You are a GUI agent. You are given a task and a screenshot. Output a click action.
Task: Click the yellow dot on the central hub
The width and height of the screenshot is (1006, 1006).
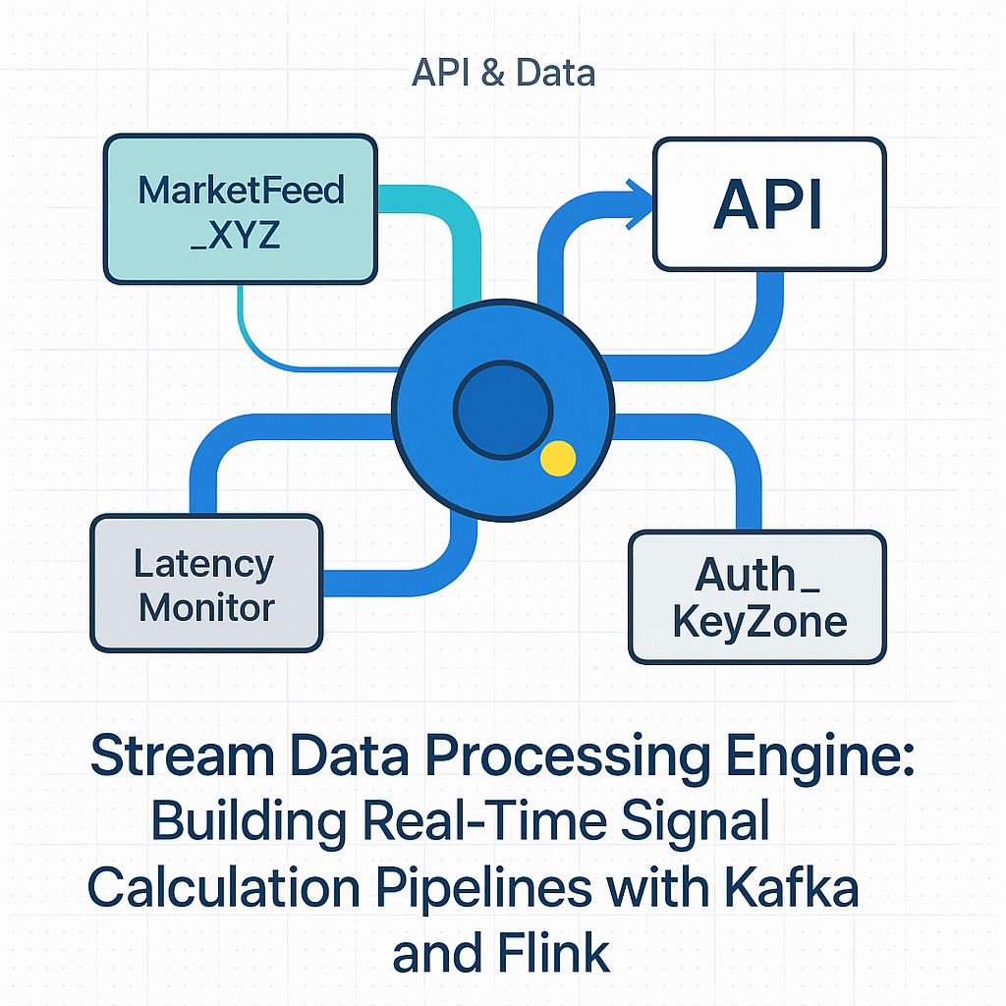tap(558, 459)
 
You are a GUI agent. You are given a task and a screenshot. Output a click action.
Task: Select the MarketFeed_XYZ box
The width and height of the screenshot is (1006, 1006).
tap(241, 209)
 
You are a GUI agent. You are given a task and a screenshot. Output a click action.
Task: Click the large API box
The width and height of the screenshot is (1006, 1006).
tap(769, 204)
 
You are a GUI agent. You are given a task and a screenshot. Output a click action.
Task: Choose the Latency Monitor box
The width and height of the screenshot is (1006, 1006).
tap(206, 584)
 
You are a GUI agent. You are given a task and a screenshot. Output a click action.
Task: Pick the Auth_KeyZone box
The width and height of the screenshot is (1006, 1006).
tap(756, 597)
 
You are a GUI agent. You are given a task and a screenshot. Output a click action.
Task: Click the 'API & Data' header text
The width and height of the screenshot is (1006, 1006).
tap(503, 74)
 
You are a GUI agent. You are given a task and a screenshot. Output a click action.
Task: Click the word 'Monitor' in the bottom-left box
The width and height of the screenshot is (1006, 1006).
tap(206, 607)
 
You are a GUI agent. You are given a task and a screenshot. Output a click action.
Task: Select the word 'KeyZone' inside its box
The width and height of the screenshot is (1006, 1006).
tap(759, 622)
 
